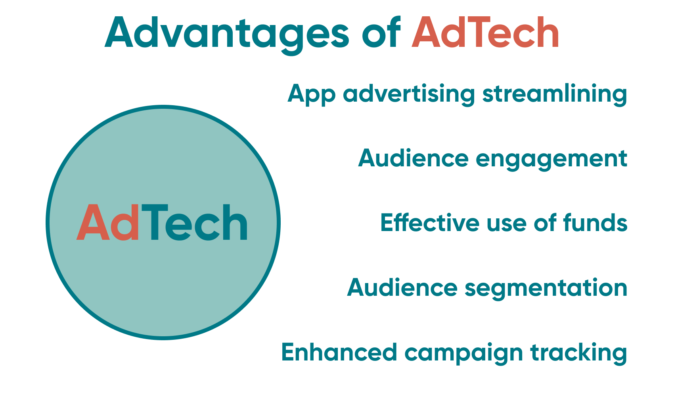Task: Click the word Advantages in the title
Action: [x=226, y=33]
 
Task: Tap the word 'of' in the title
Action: [x=381, y=33]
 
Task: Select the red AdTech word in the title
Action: [x=485, y=33]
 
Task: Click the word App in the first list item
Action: [x=311, y=94]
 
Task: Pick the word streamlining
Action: [x=555, y=94]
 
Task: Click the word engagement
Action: [x=551, y=159]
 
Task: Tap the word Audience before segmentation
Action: [x=402, y=288]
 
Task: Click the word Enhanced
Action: [x=339, y=352]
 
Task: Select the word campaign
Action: [x=463, y=353]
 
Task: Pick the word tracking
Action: [x=578, y=353]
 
